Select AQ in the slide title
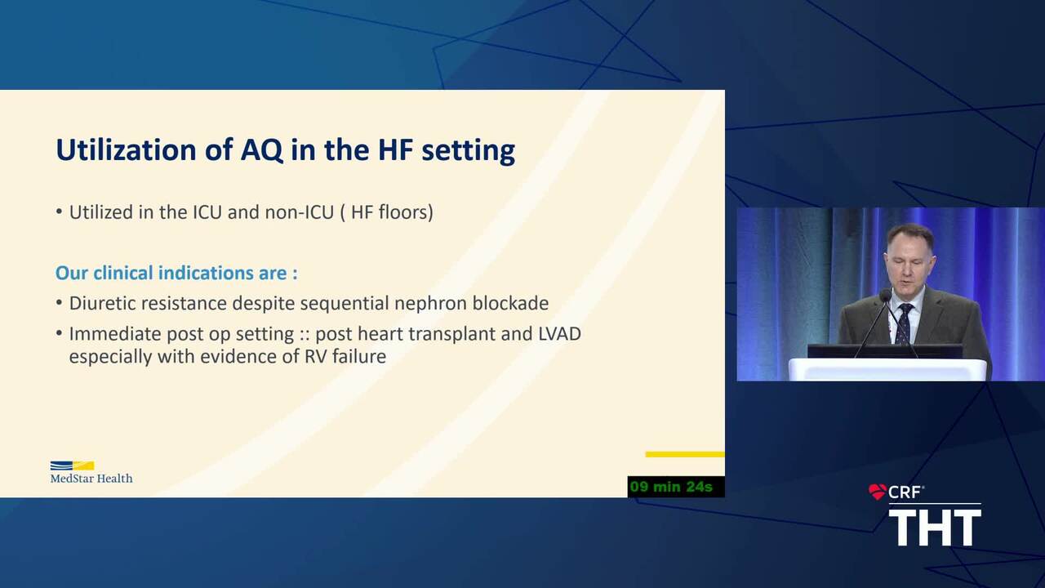click(262, 149)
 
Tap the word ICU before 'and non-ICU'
click(207, 212)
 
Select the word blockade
click(510, 303)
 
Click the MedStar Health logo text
click(91, 478)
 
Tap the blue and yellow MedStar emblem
click(73, 465)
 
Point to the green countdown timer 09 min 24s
click(671, 487)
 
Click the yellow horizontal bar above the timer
click(685, 454)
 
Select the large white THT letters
click(935, 528)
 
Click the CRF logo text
click(905, 492)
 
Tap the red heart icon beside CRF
click(878, 492)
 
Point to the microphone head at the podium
click(885, 295)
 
